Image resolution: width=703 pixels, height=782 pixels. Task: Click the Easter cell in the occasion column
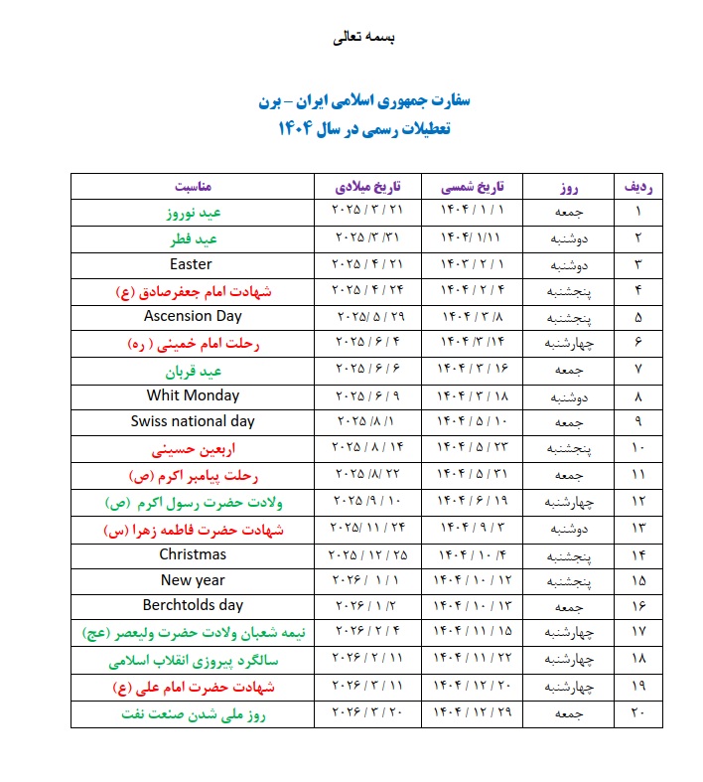(x=192, y=265)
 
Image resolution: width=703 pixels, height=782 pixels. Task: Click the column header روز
(x=569, y=186)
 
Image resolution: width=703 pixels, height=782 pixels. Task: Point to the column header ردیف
(x=637, y=186)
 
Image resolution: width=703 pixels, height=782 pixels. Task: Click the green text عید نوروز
(x=194, y=213)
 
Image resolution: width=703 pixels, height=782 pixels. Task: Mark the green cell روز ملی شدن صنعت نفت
(x=194, y=714)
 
